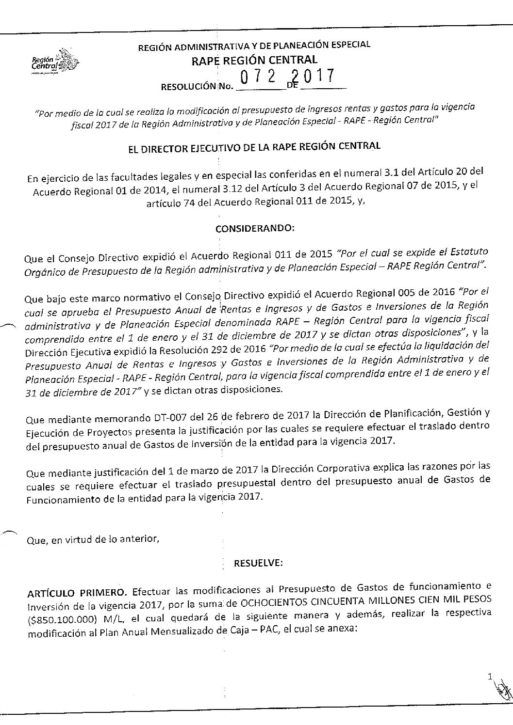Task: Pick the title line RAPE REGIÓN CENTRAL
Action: click(x=255, y=61)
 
